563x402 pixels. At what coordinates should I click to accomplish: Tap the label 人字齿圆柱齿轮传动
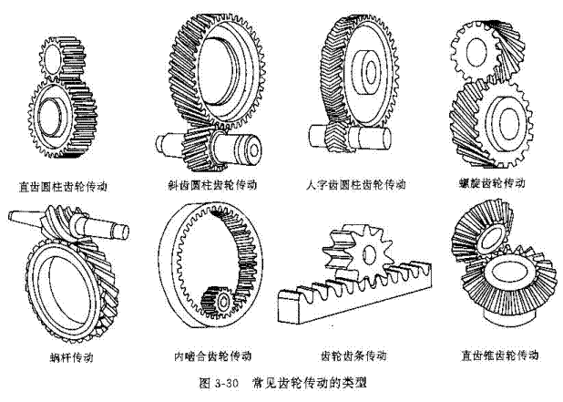(x=356, y=184)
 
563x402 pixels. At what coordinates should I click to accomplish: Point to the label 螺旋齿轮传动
(x=493, y=183)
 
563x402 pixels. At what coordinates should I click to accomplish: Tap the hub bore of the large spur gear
(x=57, y=115)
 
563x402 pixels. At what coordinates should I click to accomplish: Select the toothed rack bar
(x=364, y=292)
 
